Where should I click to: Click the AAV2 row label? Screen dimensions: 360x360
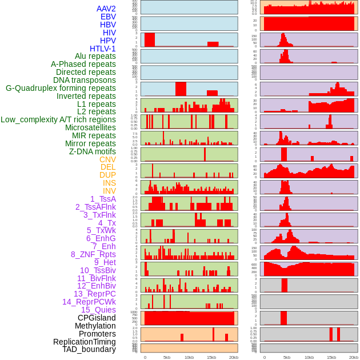(106, 9)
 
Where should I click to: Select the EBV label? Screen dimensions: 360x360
(107, 17)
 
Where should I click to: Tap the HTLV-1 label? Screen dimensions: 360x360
(102, 49)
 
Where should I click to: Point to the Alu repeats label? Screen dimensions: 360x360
(95, 56)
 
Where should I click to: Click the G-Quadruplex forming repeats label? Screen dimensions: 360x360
(61, 88)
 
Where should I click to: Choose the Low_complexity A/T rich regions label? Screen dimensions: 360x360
(58, 119)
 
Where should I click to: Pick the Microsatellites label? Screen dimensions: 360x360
(90, 127)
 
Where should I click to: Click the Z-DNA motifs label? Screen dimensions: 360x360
(92, 151)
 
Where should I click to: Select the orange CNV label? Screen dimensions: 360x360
(107, 159)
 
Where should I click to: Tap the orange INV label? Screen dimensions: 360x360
(109, 191)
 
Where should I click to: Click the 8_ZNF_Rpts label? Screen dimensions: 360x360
(93, 254)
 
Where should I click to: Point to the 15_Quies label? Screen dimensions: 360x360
(98, 310)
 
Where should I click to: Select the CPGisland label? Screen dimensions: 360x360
(97, 318)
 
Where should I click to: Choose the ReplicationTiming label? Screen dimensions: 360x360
(84, 342)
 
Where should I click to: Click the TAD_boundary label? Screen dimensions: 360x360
(89, 349)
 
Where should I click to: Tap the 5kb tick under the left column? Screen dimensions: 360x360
(167, 357)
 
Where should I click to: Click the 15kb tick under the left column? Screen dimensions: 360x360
(211, 357)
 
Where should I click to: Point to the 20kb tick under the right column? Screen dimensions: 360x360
(354, 357)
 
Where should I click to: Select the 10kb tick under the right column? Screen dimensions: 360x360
(309, 357)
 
